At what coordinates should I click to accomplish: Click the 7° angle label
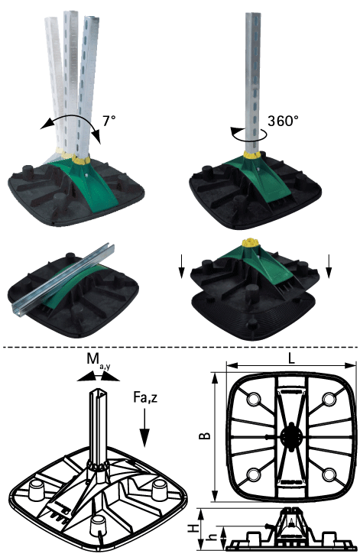109,121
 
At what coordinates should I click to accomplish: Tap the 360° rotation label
283,121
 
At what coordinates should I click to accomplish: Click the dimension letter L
291,359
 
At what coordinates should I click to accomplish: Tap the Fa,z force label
145,397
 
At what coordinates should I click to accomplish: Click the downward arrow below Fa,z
144,428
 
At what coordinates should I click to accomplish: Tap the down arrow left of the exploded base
182,267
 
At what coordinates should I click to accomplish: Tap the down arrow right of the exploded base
329,266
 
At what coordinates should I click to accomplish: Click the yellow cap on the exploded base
251,243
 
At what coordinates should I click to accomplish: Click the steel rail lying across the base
64,277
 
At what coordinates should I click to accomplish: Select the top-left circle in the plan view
254,400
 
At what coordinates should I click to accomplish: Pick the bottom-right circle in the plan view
329,474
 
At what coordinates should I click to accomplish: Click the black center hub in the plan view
291,436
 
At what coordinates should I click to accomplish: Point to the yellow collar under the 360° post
252,154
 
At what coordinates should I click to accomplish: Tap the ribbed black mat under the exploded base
253,316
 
